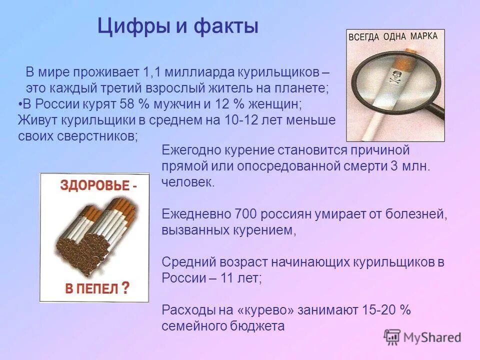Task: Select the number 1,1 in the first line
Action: pos(150,72)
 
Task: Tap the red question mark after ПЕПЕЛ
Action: pos(125,287)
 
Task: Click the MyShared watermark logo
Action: pos(422,337)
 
